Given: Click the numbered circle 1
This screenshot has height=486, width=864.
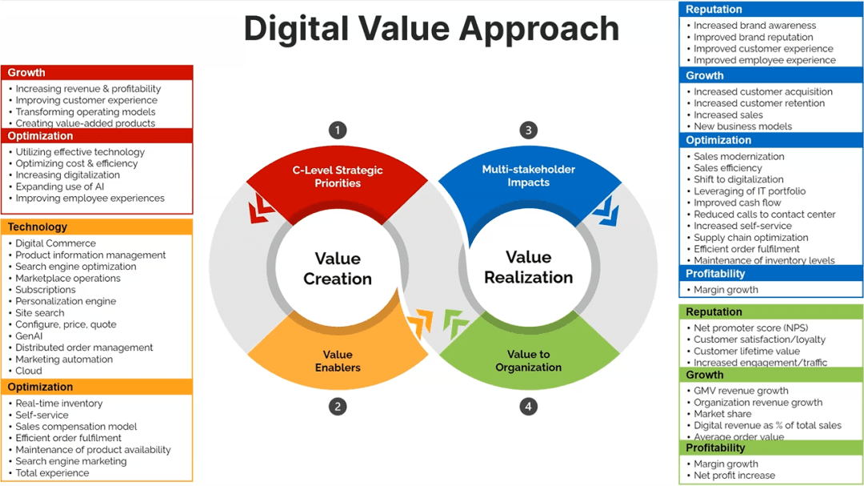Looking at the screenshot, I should (338, 130).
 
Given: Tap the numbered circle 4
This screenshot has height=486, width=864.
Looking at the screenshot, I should (528, 407).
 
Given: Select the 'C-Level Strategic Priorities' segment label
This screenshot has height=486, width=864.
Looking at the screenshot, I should (338, 176).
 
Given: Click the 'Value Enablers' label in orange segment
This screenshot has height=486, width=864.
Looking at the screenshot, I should (338, 361).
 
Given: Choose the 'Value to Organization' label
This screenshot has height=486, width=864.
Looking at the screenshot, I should (528, 361).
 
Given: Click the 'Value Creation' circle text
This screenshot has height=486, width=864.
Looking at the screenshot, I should (338, 268).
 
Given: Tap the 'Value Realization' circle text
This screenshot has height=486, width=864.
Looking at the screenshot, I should (528, 267).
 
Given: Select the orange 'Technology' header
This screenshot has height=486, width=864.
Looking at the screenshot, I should (38, 227).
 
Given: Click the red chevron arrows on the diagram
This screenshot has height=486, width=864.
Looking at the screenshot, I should (261, 209).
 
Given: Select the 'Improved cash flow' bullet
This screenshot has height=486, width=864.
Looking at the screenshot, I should (737, 203).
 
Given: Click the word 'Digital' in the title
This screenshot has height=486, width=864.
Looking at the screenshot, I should (297, 29).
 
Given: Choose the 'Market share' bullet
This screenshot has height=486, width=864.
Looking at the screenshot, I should (722, 414).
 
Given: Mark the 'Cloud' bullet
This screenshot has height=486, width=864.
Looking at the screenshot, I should (29, 371).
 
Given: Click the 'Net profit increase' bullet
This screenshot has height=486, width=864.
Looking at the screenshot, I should (734, 476).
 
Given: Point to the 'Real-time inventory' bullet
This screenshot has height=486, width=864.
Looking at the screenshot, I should (59, 404).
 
